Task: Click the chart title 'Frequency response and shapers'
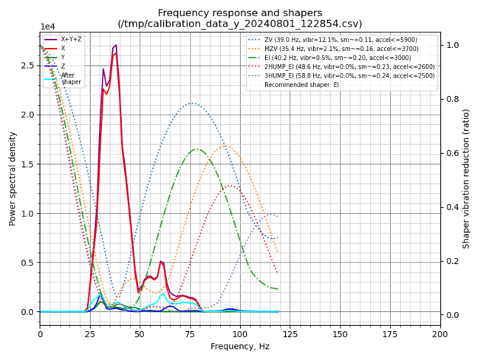pos(240,13)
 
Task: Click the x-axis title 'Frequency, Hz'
pos(240,346)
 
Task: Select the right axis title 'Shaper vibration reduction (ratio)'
pos(466,177)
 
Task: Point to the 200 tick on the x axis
pos(440,333)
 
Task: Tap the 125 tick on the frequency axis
pos(290,333)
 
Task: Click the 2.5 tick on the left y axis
pos(28,66)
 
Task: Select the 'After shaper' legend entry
pos(72,78)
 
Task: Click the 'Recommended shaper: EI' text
pos(313,85)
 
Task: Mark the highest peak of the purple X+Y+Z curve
pos(116,45)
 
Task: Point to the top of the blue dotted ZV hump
pos(192,103)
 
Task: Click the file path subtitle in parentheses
pos(240,24)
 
